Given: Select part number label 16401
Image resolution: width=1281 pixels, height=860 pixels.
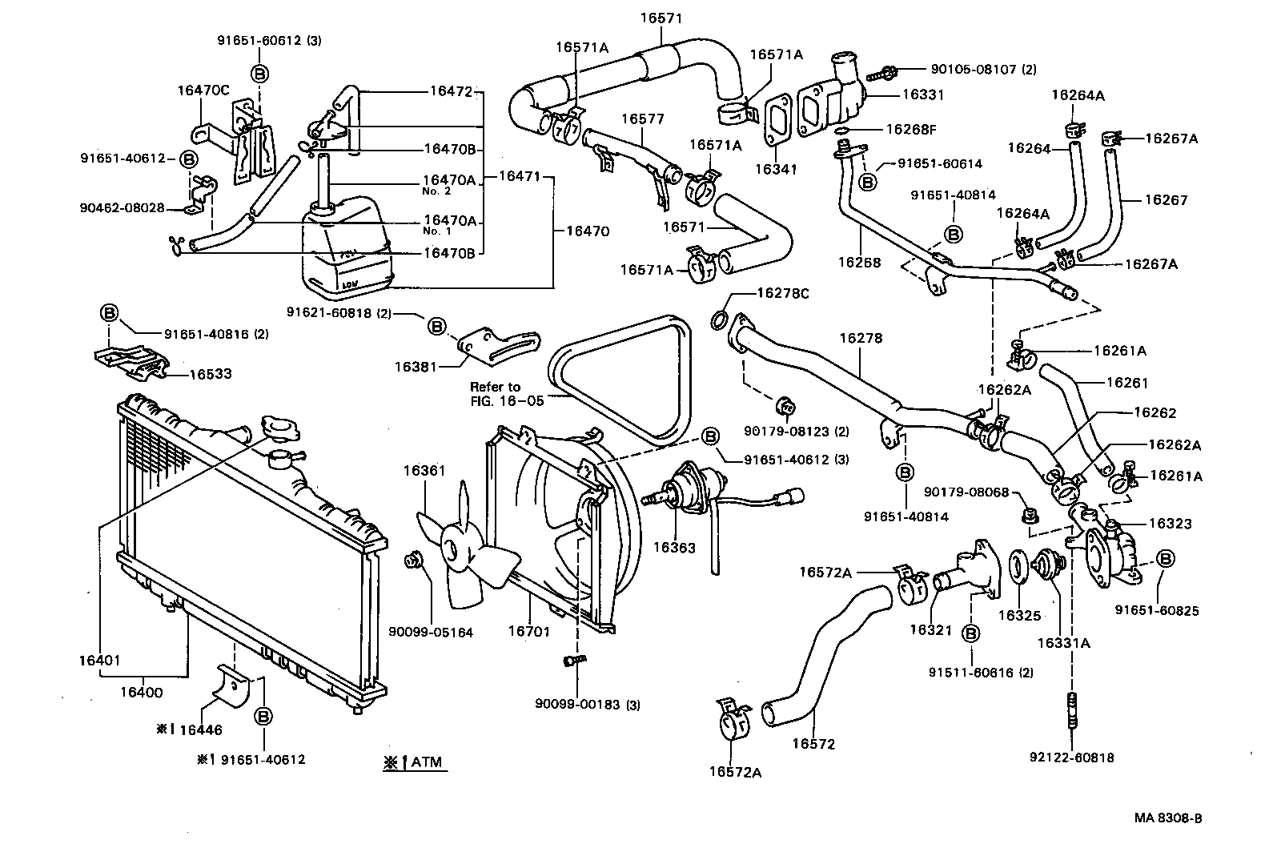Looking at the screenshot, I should tap(99, 661).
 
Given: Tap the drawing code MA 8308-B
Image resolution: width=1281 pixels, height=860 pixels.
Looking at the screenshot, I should tap(1167, 818).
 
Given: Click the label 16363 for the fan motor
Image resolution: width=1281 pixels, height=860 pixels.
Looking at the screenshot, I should tap(674, 548).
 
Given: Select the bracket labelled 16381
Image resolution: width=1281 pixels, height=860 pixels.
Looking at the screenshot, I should tap(484, 343).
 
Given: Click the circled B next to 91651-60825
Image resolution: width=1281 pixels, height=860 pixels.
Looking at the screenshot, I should tap(1166, 558).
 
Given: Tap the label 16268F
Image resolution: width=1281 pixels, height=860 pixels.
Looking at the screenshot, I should tap(910, 129).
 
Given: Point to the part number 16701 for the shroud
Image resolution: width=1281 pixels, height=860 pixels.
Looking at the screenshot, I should tap(529, 632).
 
